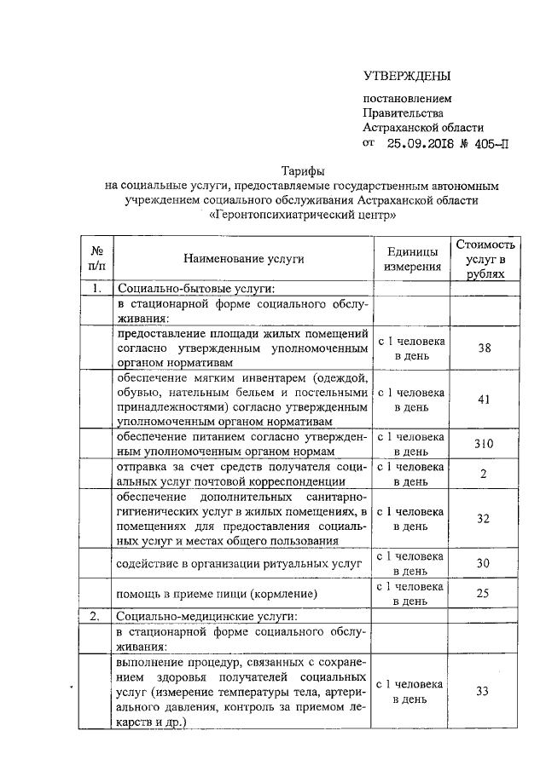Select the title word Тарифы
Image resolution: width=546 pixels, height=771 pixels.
(x=304, y=170)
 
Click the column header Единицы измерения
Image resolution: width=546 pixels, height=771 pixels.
(x=412, y=259)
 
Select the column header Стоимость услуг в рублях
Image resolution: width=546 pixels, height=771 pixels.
(x=485, y=259)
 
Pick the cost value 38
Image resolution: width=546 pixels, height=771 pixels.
(x=484, y=348)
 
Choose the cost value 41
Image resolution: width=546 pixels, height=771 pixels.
(x=484, y=400)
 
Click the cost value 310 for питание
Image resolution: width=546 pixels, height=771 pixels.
(x=484, y=444)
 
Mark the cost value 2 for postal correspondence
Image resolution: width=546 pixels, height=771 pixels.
(x=484, y=475)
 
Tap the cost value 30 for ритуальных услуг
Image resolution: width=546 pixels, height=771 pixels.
(x=484, y=563)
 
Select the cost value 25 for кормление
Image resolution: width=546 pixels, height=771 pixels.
(x=484, y=593)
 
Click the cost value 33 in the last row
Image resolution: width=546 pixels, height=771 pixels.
(x=484, y=691)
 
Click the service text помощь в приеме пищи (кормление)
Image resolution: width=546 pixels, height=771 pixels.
(x=218, y=594)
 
